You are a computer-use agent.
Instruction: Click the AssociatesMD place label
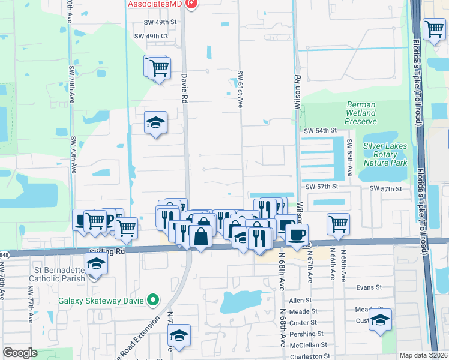pyautogui.click(x=154, y=4)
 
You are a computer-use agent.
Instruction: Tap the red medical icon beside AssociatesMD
pyautogui.click(x=191, y=4)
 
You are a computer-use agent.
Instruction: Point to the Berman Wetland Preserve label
pyautogui.click(x=361, y=113)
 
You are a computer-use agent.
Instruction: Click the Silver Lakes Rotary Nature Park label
pyautogui.click(x=385, y=154)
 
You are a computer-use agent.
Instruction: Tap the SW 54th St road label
pyautogui.click(x=320, y=130)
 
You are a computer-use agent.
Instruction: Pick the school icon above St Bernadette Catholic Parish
pyautogui.click(x=95, y=264)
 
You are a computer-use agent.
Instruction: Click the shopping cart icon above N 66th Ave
pyautogui.click(x=339, y=224)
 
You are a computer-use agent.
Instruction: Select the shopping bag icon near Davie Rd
pyautogui.click(x=200, y=236)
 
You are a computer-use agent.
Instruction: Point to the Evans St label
pyautogui.click(x=369, y=287)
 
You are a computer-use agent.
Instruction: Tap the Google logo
pyautogui.click(x=20, y=353)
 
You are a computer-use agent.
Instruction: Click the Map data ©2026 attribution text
pyautogui.click(x=423, y=355)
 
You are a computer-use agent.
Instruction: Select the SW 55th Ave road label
pyautogui.click(x=349, y=158)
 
